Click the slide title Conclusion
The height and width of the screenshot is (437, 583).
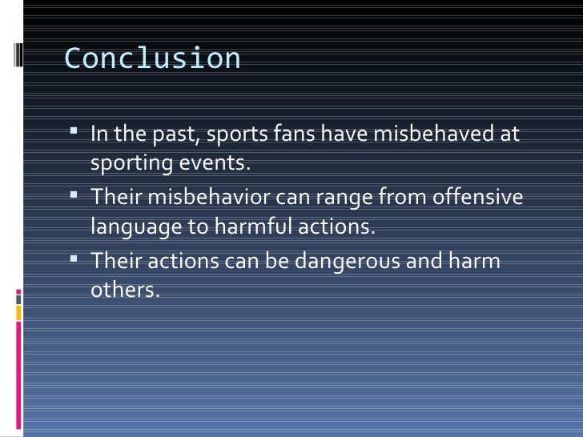pos(152,59)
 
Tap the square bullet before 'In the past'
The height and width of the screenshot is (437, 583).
pos(74,131)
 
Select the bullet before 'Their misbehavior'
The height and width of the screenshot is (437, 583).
pos(74,194)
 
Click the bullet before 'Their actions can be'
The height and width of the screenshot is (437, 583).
pos(74,259)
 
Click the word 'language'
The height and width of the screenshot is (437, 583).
pos(136,228)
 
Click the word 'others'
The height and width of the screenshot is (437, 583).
pos(125,291)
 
